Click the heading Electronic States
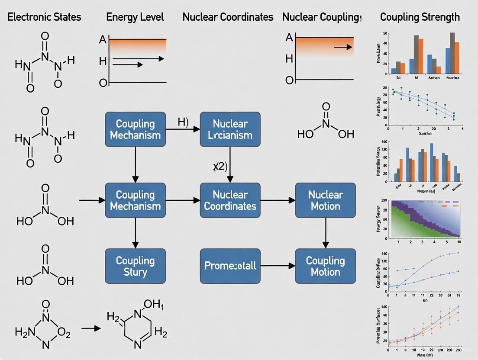pos(44,17)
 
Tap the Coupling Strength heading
pos(420,17)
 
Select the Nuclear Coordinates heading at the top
pos(228,17)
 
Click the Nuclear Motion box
pos(325,200)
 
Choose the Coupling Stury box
pos(135,266)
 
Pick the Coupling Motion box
pos(325,266)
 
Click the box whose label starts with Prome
pos(230,266)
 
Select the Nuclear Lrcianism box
pos(230,129)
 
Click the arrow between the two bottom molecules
pos(90,328)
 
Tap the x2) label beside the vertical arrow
pos(220,167)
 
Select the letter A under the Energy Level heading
pos(103,40)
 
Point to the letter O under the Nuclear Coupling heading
pos(289,80)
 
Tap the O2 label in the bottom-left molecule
pos(64,333)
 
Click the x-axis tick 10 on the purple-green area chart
pos(459,242)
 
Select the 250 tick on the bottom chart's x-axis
pos(458,349)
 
